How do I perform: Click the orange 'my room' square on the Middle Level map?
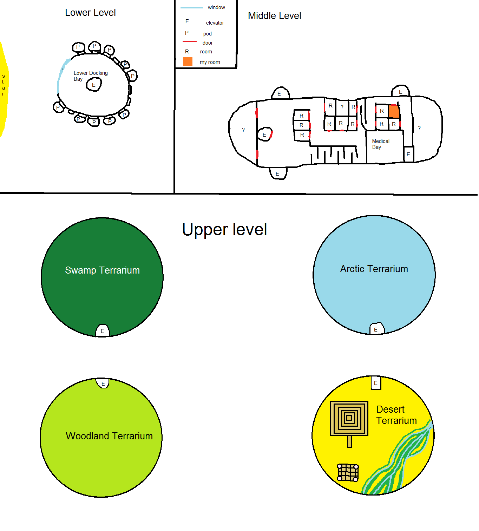(394, 111)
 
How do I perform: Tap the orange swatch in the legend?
(188, 62)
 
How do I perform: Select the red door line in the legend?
(190, 41)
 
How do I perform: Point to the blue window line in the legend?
(192, 8)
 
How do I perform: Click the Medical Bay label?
(381, 144)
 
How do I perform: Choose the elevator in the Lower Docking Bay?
(94, 84)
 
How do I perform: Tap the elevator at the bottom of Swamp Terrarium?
(103, 330)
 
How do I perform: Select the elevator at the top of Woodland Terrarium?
(103, 383)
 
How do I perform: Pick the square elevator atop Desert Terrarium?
(376, 383)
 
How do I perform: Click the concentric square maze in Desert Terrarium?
(349, 418)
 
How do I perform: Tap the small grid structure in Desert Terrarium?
(348, 473)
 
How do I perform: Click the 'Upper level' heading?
(224, 229)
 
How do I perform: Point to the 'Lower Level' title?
(90, 12)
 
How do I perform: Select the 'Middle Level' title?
(275, 15)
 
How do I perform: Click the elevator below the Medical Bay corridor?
(408, 154)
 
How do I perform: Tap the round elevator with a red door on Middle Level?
(265, 135)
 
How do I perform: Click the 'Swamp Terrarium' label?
(103, 270)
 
